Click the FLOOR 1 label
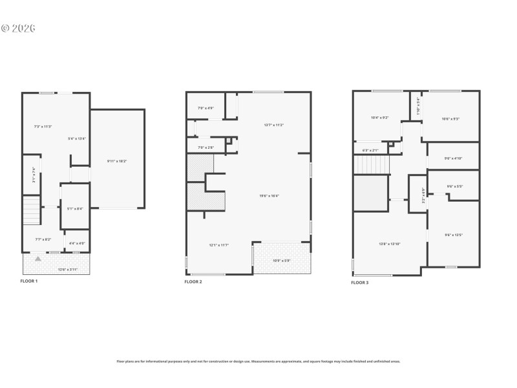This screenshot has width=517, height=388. pos(29,281)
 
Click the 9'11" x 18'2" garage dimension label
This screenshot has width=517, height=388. pos(118,160)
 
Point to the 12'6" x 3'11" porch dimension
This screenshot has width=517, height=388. pos(67,269)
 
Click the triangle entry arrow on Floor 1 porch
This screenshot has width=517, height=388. pos(38,259)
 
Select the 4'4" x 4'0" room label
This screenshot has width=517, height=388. pos(77,243)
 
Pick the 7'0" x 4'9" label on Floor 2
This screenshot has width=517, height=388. pos(205,108)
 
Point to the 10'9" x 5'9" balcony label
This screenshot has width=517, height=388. pos(281,261)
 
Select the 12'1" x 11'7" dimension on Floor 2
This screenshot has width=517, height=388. pos(219,245)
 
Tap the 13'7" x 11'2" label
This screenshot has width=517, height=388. pos(274,124)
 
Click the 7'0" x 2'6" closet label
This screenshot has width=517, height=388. pos(205,148)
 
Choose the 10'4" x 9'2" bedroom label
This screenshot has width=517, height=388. pos(379,118)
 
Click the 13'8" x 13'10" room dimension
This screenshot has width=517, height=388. pos(389,244)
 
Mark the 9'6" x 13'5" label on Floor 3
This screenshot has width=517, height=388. pos(454,235)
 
